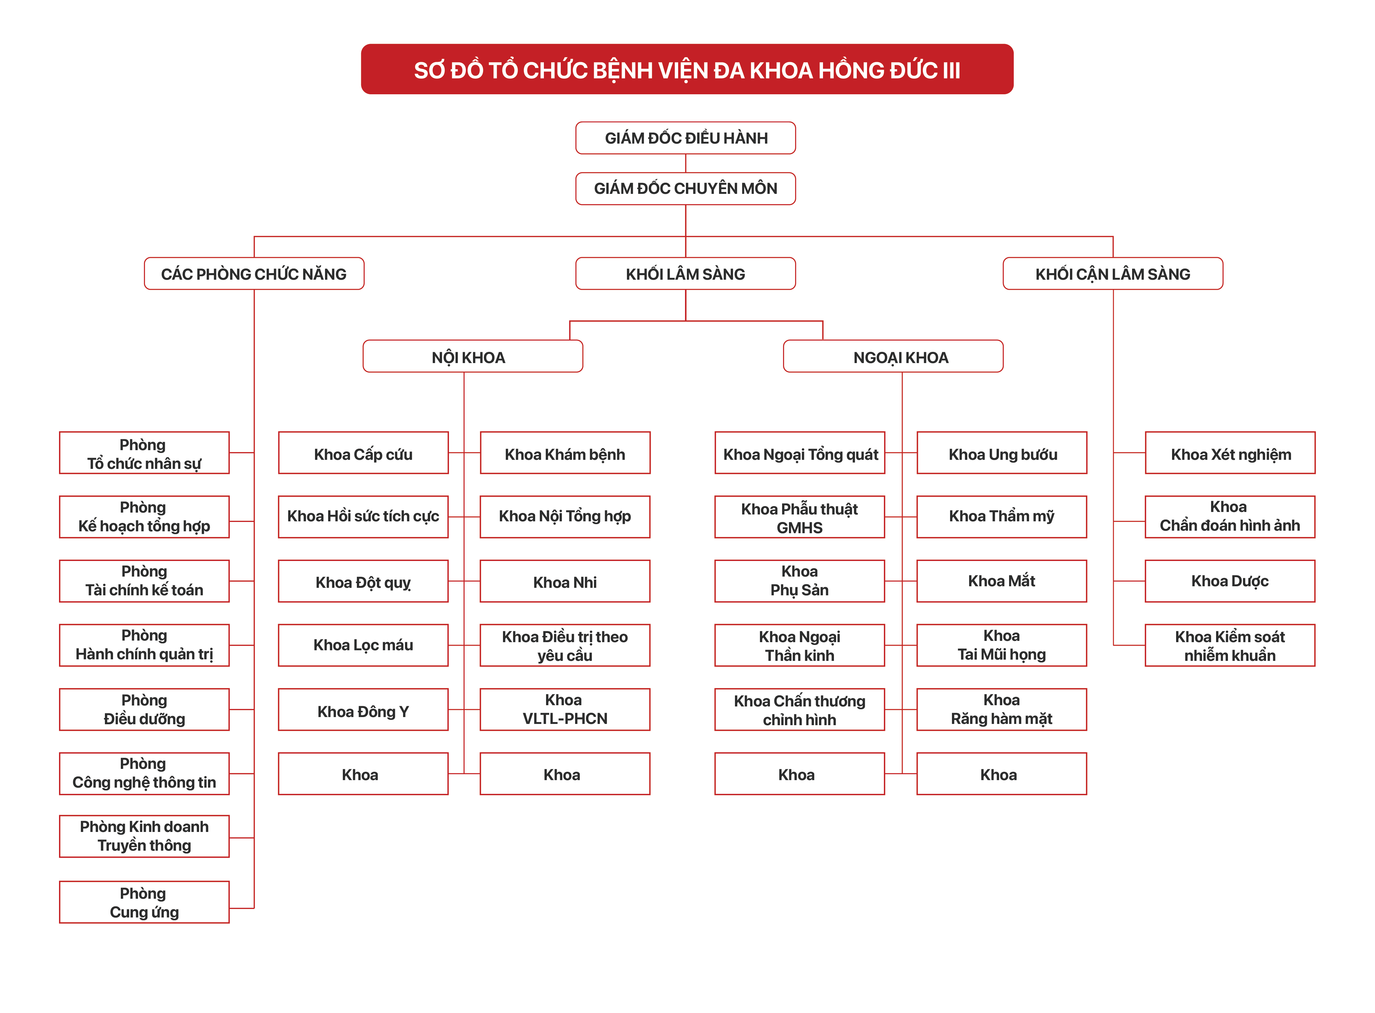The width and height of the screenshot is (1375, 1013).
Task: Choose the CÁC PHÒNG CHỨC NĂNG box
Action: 254,273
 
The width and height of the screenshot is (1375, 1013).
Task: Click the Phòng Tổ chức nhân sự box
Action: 144,453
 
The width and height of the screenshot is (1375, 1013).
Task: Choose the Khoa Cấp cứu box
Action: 363,453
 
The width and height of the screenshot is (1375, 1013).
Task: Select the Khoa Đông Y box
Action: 363,710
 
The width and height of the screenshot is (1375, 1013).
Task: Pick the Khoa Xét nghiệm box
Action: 1230,453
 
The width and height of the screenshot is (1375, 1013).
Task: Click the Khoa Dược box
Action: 1230,581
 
